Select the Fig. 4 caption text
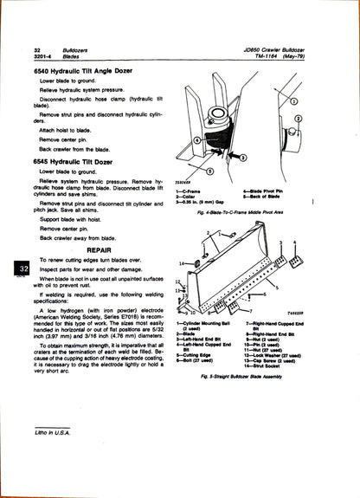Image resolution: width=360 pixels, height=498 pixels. [248, 210]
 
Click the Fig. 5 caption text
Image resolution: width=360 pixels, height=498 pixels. [248, 377]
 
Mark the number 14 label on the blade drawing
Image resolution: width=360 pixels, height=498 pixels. [182, 262]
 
